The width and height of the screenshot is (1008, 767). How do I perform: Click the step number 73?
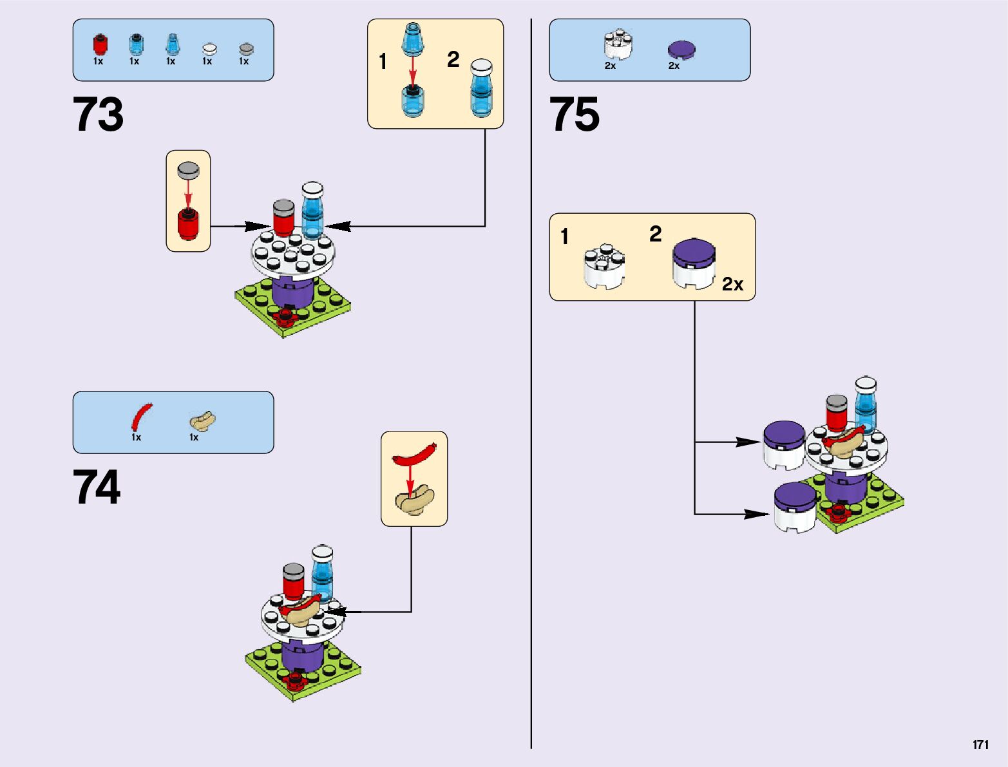click(x=98, y=115)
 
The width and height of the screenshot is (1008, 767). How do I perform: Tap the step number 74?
click(x=97, y=487)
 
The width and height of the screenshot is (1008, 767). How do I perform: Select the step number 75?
click(x=574, y=115)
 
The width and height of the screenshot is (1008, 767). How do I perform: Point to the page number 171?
click(x=980, y=744)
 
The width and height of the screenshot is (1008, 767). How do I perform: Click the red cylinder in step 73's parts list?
click(x=100, y=45)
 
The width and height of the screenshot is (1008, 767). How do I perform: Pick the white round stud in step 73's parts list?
click(x=209, y=49)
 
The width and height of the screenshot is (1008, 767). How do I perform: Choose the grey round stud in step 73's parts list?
click(x=246, y=49)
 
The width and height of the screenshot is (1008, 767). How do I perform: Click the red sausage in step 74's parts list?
click(x=142, y=417)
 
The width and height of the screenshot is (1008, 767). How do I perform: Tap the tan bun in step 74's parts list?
click(x=202, y=421)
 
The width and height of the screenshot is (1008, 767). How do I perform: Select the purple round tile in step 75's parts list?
click(x=681, y=50)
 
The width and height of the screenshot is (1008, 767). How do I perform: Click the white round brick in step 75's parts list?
click(x=618, y=44)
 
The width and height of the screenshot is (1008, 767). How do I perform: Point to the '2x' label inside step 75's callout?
click(x=732, y=284)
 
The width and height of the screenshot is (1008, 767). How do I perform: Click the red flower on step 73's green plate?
click(x=284, y=316)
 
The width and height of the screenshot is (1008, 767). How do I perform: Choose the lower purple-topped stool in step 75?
click(x=795, y=507)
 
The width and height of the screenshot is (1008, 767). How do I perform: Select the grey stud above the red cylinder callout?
click(x=188, y=170)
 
